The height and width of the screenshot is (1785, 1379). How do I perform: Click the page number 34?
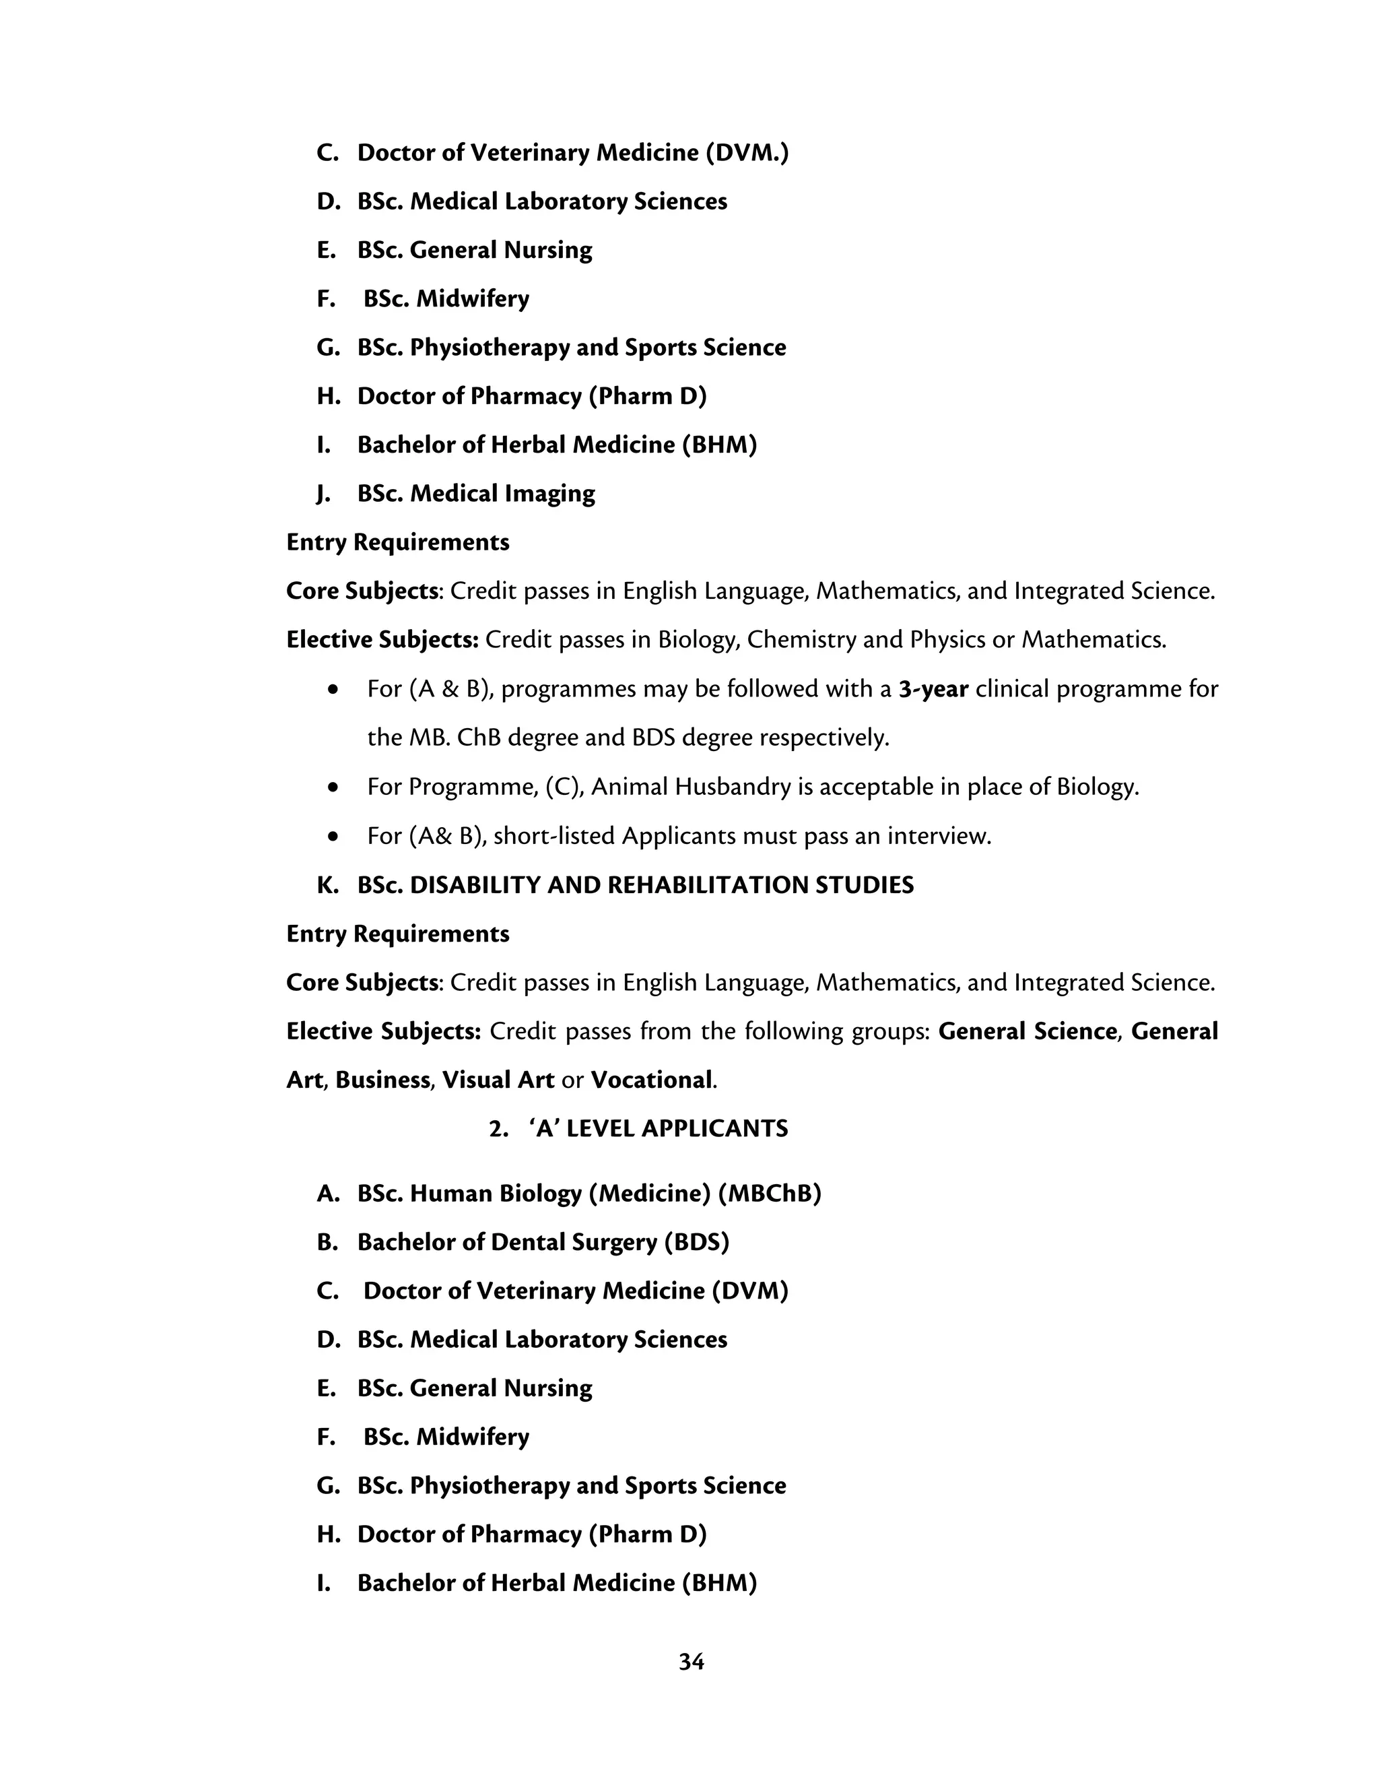[x=690, y=1662]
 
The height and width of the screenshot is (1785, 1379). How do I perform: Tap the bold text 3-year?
[x=933, y=689]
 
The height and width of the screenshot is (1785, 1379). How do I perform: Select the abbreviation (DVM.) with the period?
[x=747, y=153]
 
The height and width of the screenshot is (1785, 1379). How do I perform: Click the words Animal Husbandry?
[x=690, y=786]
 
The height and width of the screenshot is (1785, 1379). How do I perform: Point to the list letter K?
[x=327, y=884]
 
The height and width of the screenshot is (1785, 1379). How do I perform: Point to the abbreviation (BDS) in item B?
[x=696, y=1241]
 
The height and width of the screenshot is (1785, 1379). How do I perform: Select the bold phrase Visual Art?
[x=498, y=1080]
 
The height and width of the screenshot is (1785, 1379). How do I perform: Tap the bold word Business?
[x=382, y=1080]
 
